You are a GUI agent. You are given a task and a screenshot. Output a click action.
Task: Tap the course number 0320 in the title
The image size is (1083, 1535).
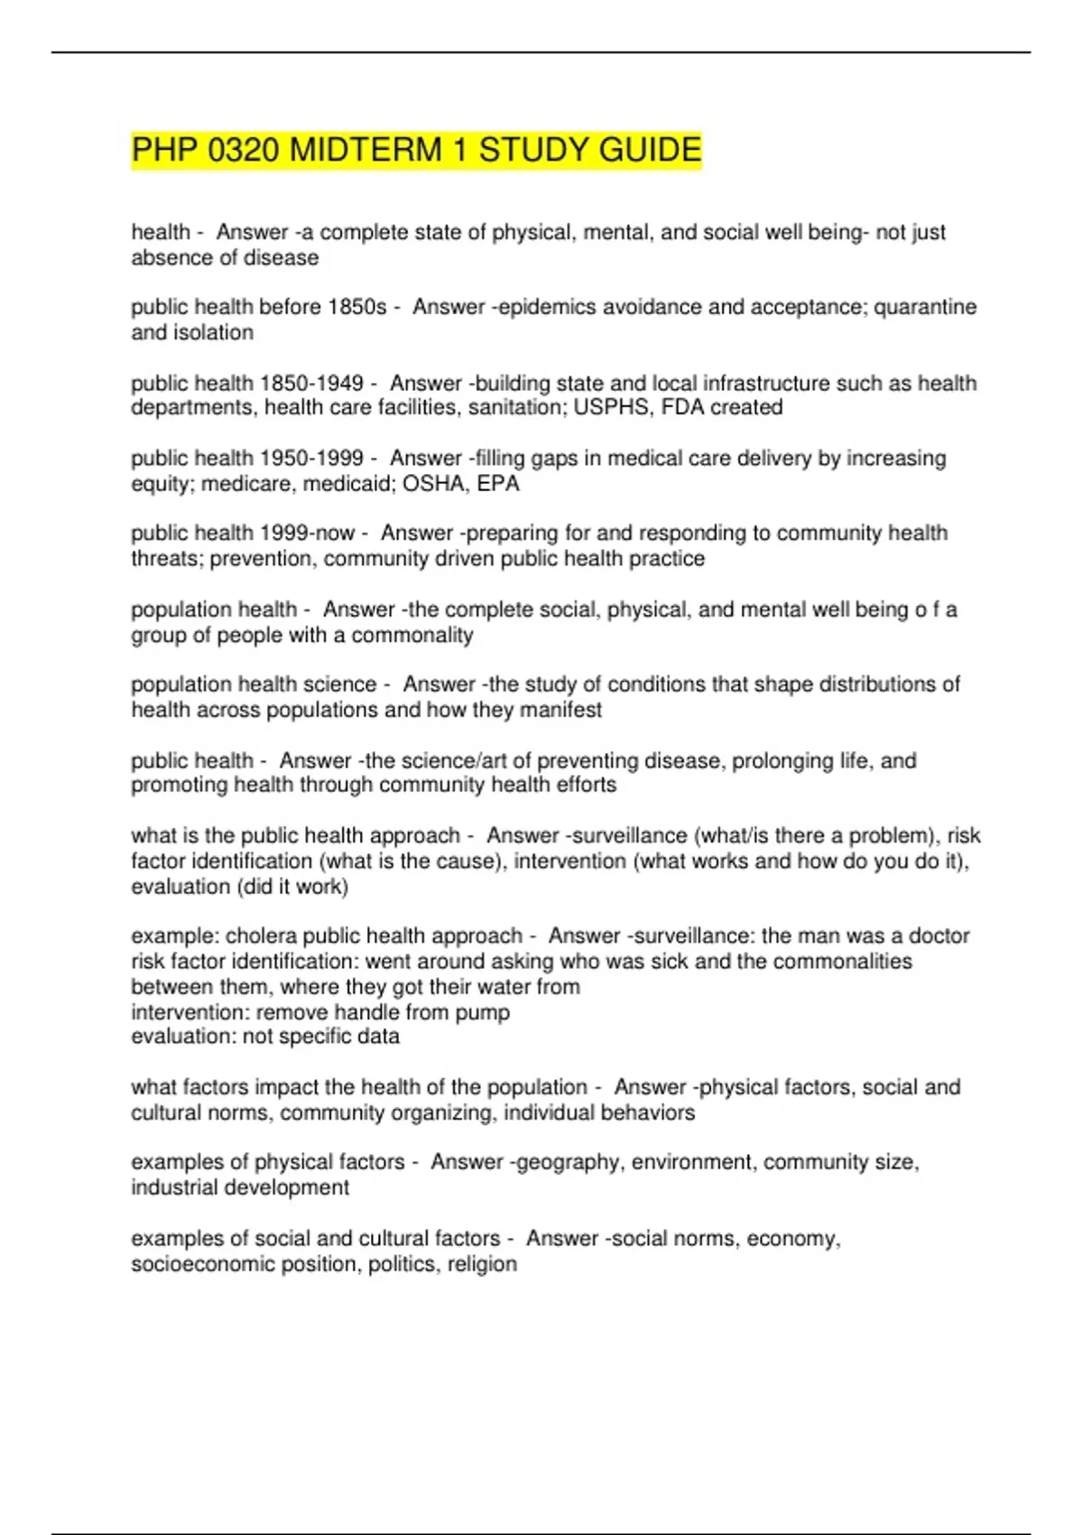pyautogui.click(x=243, y=150)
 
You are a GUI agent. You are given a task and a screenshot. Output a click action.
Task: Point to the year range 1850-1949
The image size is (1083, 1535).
pyautogui.click(x=311, y=383)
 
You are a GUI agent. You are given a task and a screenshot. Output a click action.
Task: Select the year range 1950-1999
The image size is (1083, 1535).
pyautogui.click(x=311, y=459)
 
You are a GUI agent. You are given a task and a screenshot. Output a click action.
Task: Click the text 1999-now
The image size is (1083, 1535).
pyautogui.click(x=307, y=534)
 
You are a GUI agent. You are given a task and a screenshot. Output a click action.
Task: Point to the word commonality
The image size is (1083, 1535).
pyautogui.click(x=412, y=636)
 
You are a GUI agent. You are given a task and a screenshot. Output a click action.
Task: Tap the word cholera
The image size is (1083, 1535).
pyautogui.click(x=261, y=936)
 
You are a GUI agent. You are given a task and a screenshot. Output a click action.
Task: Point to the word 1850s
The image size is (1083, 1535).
pyautogui.click(x=356, y=307)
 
